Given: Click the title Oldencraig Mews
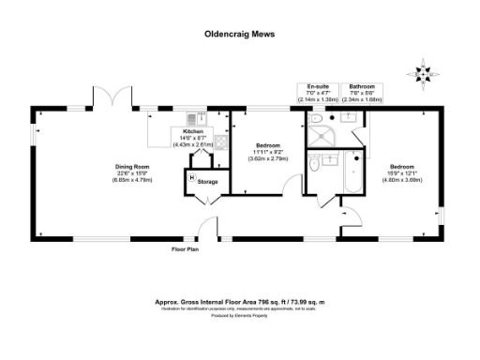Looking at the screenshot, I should pos(239,29).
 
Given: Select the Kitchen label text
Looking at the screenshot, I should pos(193,132).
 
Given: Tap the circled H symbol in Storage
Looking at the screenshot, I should pos(193,177).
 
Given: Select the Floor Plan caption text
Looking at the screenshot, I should pos(184,250).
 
